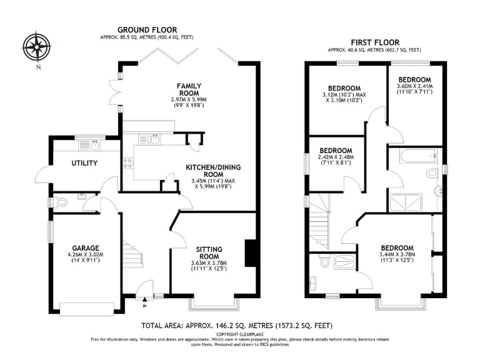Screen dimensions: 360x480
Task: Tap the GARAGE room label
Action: (84, 247)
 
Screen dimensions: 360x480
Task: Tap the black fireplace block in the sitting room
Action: (250, 252)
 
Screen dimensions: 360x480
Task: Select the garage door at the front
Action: (84, 307)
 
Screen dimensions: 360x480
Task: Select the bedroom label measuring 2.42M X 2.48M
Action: (336, 151)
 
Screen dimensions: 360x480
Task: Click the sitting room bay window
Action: (215, 305)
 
